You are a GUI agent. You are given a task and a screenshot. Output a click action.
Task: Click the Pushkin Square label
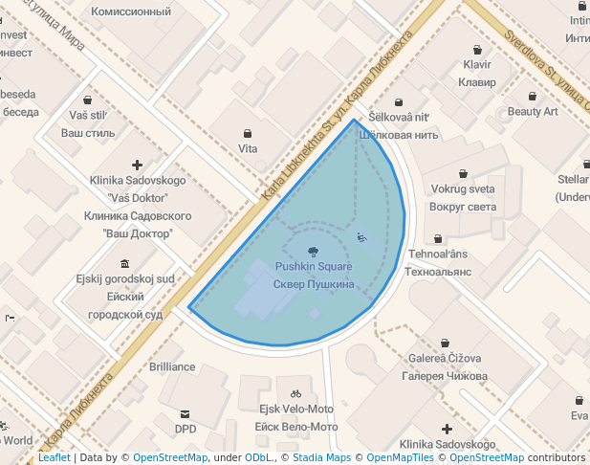coord(314,266)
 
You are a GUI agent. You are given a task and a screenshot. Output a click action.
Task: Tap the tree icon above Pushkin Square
coord(314,252)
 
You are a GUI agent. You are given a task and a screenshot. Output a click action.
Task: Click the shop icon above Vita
coord(249,133)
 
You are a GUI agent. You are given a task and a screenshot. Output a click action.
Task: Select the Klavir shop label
coord(476,64)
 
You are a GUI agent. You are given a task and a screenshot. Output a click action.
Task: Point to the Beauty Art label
coord(533,111)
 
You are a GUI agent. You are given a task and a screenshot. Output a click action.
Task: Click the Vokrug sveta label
coord(463,188)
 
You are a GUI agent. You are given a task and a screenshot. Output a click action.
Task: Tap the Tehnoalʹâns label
coord(439,254)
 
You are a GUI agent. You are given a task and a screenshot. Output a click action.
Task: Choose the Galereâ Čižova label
coord(445,358)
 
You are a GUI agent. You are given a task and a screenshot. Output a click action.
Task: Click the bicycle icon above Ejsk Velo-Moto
coord(295,393)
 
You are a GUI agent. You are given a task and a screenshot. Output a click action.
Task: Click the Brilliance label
coord(172,366)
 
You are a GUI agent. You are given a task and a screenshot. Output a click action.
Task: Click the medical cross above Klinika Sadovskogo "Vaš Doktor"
coord(138,165)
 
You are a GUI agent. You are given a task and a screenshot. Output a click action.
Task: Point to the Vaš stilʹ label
coord(88,115)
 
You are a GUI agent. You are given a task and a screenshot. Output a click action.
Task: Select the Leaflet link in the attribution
coord(54,458)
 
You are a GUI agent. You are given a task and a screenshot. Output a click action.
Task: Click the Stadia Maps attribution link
coord(319,458)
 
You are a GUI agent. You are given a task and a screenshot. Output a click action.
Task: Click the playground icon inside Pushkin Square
coord(361,236)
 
